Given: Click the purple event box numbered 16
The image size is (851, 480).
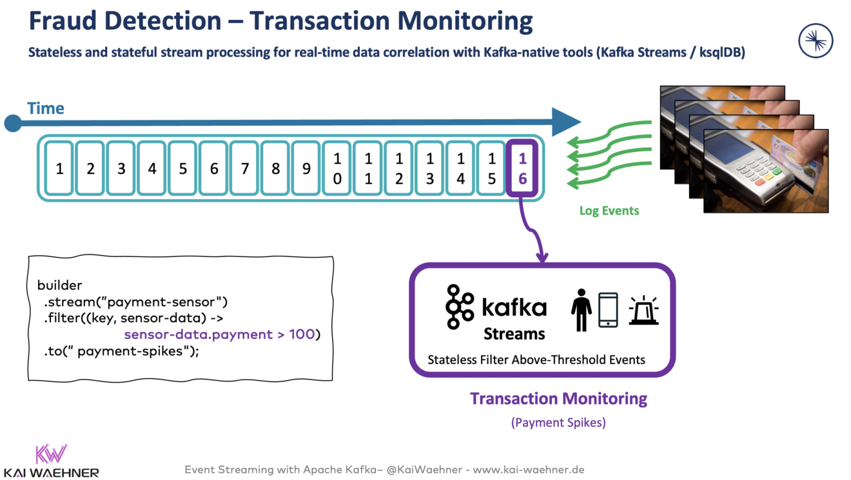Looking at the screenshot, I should pos(522,168).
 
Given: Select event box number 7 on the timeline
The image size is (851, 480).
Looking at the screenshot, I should pos(245,168).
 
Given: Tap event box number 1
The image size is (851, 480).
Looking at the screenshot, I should pos(59,168).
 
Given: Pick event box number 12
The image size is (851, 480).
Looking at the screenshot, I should pos(399,168).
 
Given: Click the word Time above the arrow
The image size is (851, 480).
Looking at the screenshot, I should pos(46,108).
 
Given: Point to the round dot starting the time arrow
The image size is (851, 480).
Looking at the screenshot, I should pos(13,122).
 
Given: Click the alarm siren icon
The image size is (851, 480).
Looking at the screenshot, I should pos(643,311).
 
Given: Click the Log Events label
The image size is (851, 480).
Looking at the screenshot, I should pos(609,210).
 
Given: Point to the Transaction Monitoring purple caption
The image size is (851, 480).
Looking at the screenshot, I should pos(558,398).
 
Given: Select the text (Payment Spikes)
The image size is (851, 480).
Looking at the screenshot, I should pos(558,423).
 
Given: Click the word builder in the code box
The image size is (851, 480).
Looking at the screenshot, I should pos(60,285).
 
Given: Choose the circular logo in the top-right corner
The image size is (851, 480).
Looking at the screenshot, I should pos(816,41).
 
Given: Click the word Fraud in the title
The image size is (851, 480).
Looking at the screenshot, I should pos(61,21).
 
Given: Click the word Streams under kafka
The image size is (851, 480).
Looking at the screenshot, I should pos(514,334).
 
